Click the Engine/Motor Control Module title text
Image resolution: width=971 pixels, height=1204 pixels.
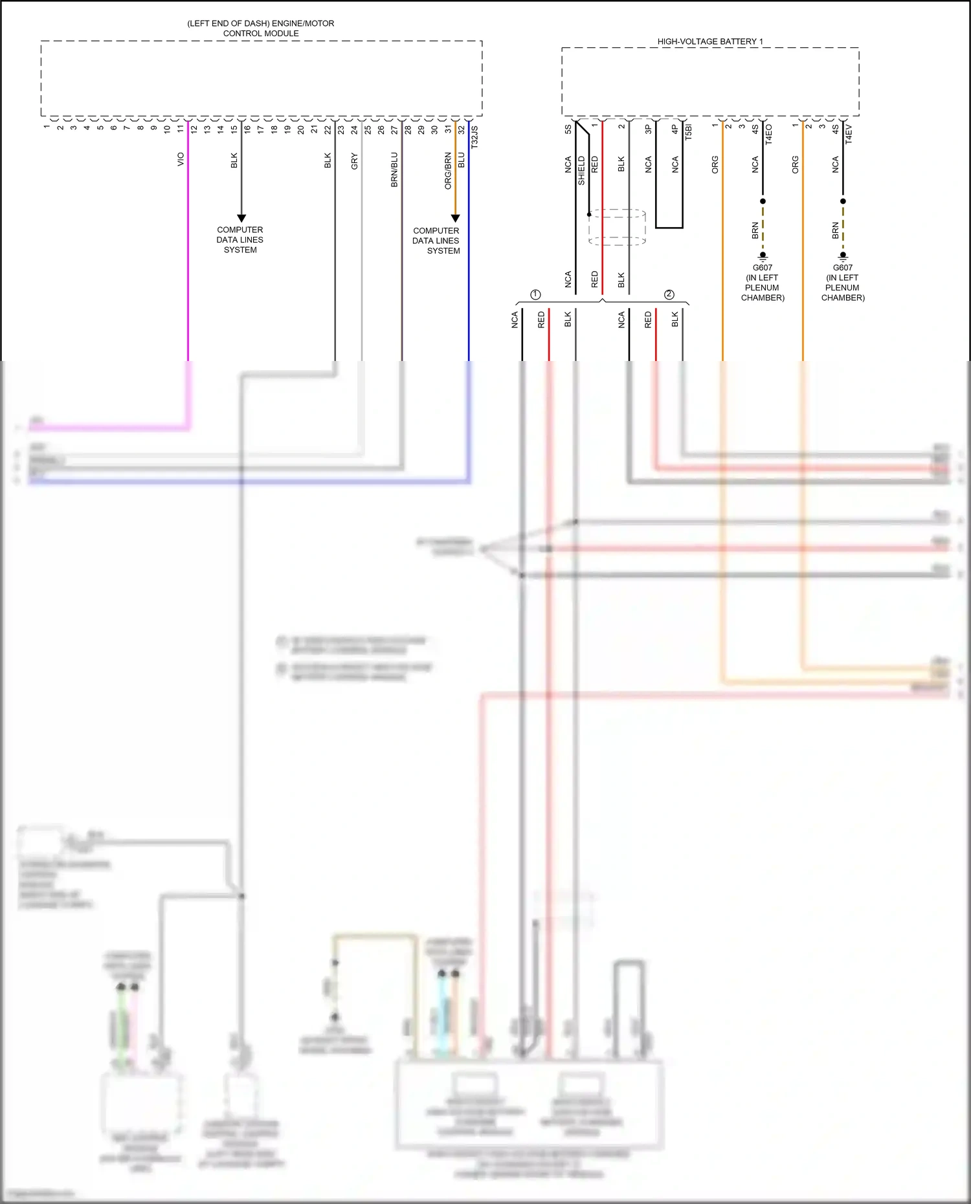pyautogui.click(x=261, y=28)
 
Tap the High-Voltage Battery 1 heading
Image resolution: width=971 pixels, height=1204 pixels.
pyautogui.click(x=710, y=41)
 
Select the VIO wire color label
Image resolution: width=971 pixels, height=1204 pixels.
pyautogui.click(x=181, y=159)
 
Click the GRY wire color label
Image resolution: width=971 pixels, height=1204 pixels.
pyautogui.click(x=354, y=161)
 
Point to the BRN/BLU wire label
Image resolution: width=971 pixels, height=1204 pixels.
pyautogui.click(x=394, y=170)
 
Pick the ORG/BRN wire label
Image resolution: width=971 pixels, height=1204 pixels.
pyautogui.click(x=448, y=171)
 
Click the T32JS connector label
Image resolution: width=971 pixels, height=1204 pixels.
pyautogui.click(x=474, y=137)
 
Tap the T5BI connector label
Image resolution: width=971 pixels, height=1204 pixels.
pyautogui.click(x=688, y=132)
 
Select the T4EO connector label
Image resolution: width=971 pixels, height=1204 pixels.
pyautogui.click(x=769, y=134)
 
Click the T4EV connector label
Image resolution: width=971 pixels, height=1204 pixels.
pyautogui.click(x=849, y=134)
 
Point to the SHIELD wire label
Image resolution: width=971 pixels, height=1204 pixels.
pyautogui.click(x=581, y=171)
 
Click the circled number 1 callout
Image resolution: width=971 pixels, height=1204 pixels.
pyautogui.click(x=535, y=294)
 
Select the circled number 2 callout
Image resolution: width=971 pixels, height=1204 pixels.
pyautogui.click(x=669, y=294)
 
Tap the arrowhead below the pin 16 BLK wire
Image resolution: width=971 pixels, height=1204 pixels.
pyautogui.click(x=241, y=218)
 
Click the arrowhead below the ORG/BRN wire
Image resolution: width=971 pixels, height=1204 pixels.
pyautogui.click(x=455, y=218)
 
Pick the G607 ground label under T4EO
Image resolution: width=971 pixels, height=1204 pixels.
pyautogui.click(x=763, y=267)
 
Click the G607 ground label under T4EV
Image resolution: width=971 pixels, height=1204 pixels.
pyautogui.click(x=842, y=267)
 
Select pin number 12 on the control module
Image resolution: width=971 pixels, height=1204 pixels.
pyautogui.click(x=194, y=129)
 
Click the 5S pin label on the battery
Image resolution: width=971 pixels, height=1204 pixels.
pyautogui.click(x=568, y=129)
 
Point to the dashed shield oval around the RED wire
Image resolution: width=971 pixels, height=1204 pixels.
pyautogui.click(x=617, y=226)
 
